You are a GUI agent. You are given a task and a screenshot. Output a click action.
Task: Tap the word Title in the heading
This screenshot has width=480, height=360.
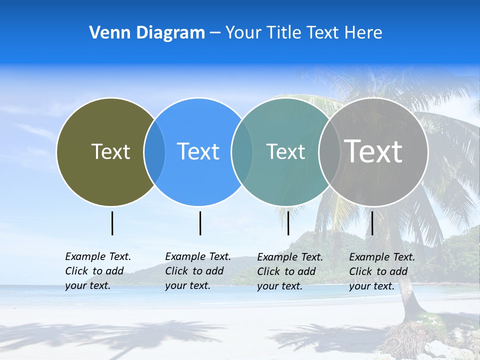pos(283,33)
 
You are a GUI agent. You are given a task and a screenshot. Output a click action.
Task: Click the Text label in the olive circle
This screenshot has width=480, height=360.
pos(110,151)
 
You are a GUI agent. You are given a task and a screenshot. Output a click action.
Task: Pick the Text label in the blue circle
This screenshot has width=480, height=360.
pos(198,151)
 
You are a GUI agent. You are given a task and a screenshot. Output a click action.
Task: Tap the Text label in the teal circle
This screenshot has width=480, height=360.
pos(285,151)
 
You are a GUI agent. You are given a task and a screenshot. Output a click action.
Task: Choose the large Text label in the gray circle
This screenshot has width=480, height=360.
pos(373,151)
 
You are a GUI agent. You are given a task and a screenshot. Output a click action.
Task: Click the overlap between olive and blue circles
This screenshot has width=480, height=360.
pos(154,152)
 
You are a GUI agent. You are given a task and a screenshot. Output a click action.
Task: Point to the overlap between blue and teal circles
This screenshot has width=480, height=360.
pos(242,152)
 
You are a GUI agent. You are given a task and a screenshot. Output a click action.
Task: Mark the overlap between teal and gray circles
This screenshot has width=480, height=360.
pos(329,152)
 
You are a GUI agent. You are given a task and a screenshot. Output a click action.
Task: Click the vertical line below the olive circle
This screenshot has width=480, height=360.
pos(112,223)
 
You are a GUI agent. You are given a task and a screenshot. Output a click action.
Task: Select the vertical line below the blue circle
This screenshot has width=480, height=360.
pos(200,223)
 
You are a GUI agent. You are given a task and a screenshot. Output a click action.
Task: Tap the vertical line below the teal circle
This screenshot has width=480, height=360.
pos(288,223)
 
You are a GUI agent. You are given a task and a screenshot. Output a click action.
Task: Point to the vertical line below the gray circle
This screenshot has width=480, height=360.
pos(372,223)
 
